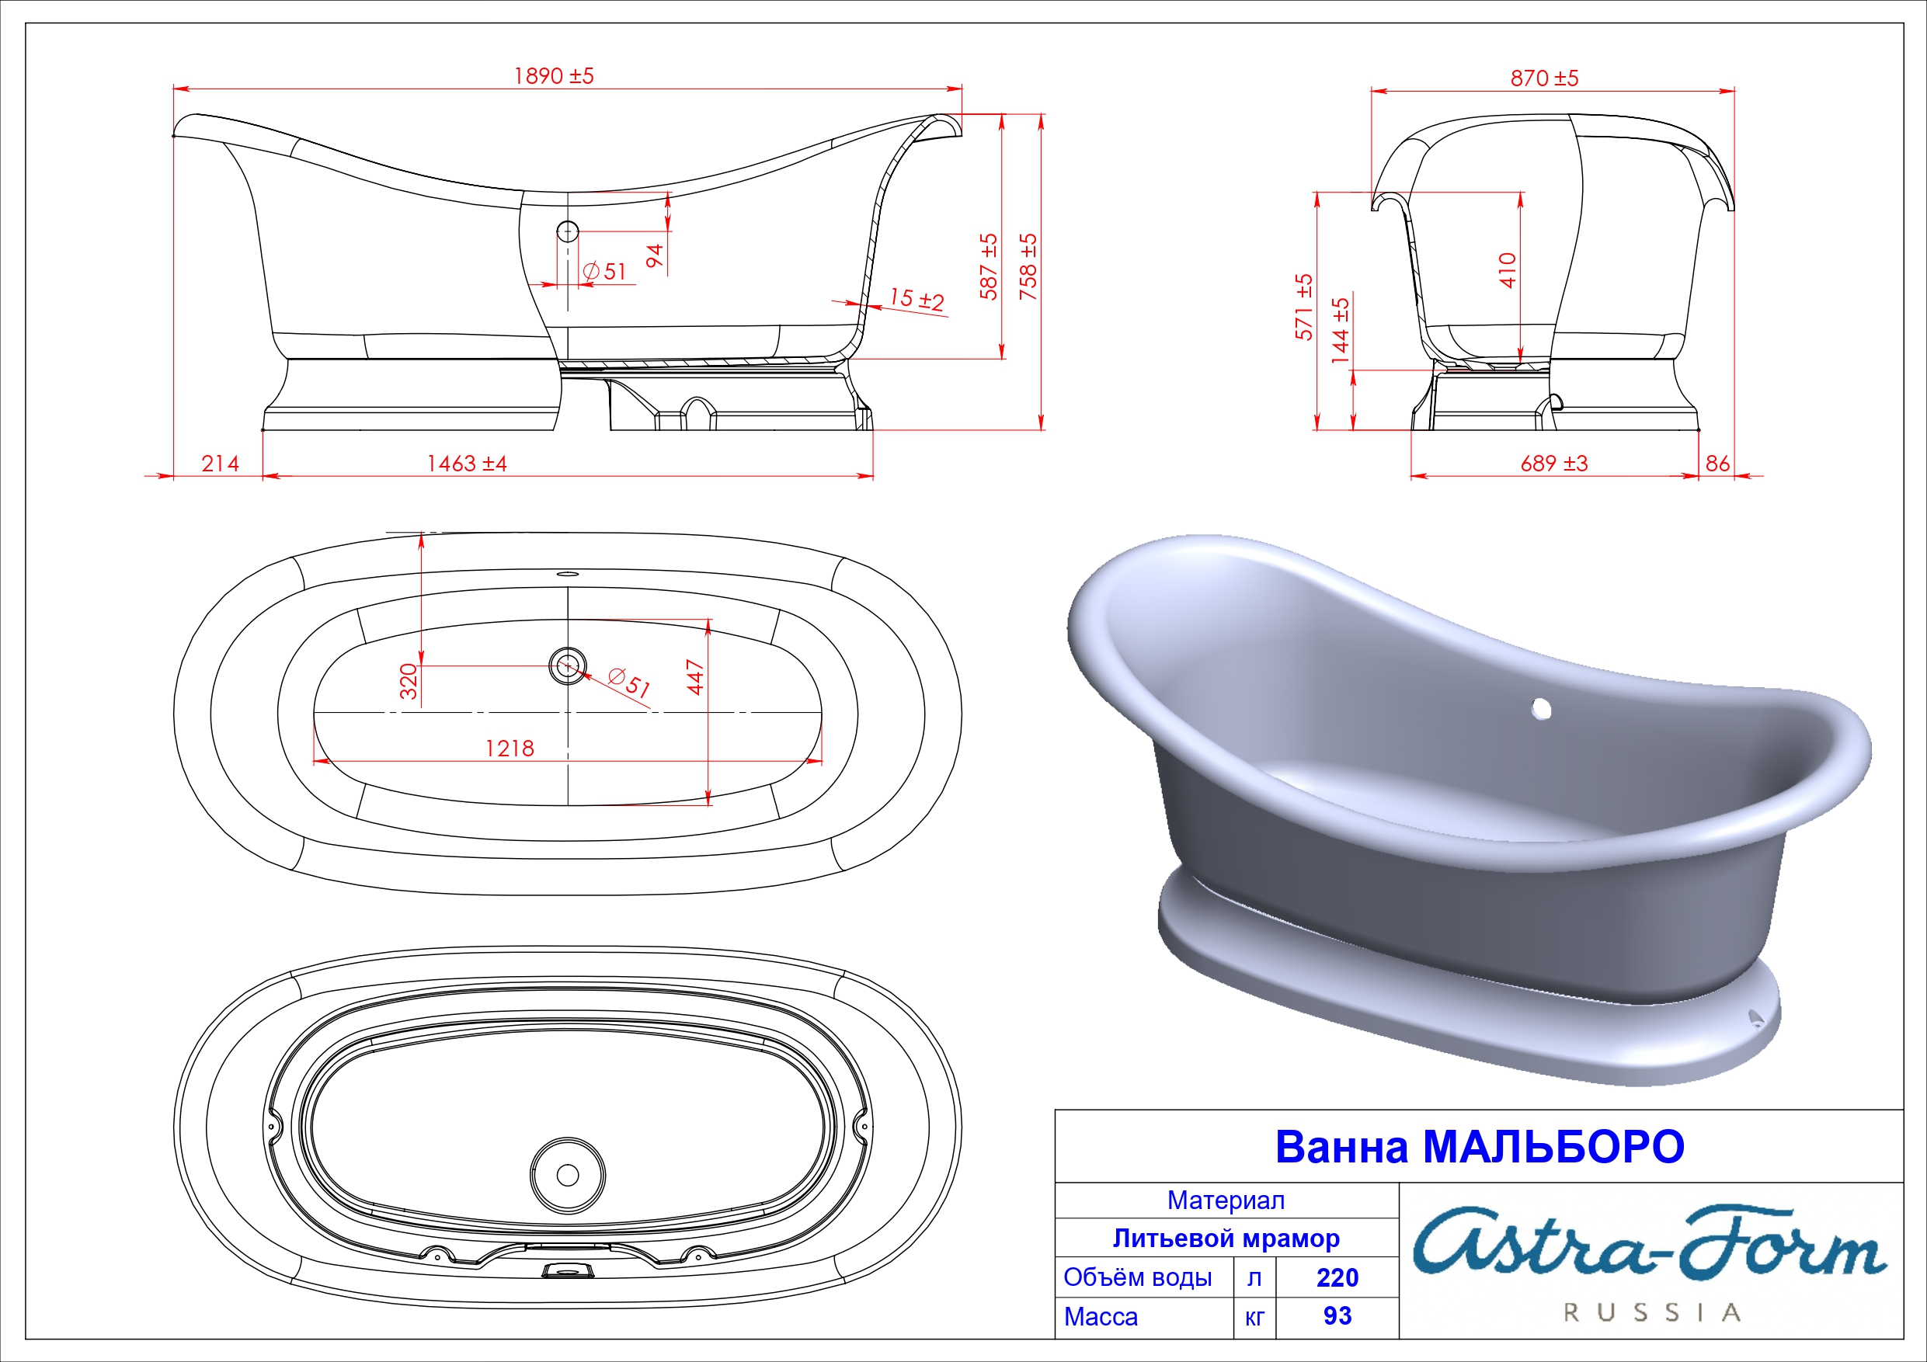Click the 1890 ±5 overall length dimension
554,76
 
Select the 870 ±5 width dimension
1544,78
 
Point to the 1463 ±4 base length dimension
467,464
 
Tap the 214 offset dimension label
220,464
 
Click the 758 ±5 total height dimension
1028,266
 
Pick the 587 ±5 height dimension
989,266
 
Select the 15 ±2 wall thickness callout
917,299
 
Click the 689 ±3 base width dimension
1553,464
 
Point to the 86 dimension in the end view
1717,464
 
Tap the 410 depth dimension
1508,270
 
